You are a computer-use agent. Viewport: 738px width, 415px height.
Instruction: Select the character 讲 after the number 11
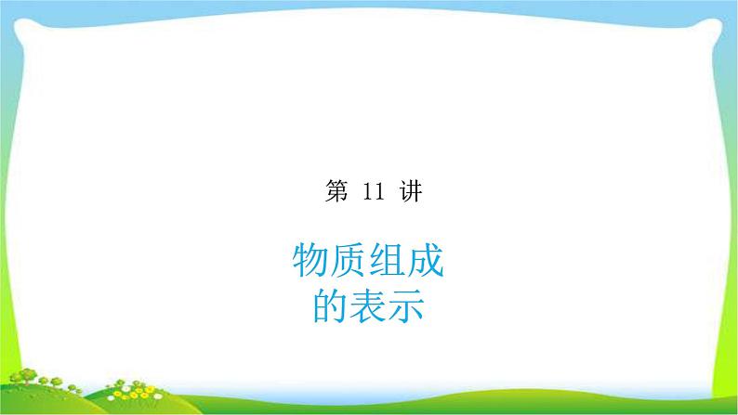pos(406,192)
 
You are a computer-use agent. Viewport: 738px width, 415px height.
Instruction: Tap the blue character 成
pos(426,264)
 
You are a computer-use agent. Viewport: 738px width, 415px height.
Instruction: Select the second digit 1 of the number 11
pos(374,193)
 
